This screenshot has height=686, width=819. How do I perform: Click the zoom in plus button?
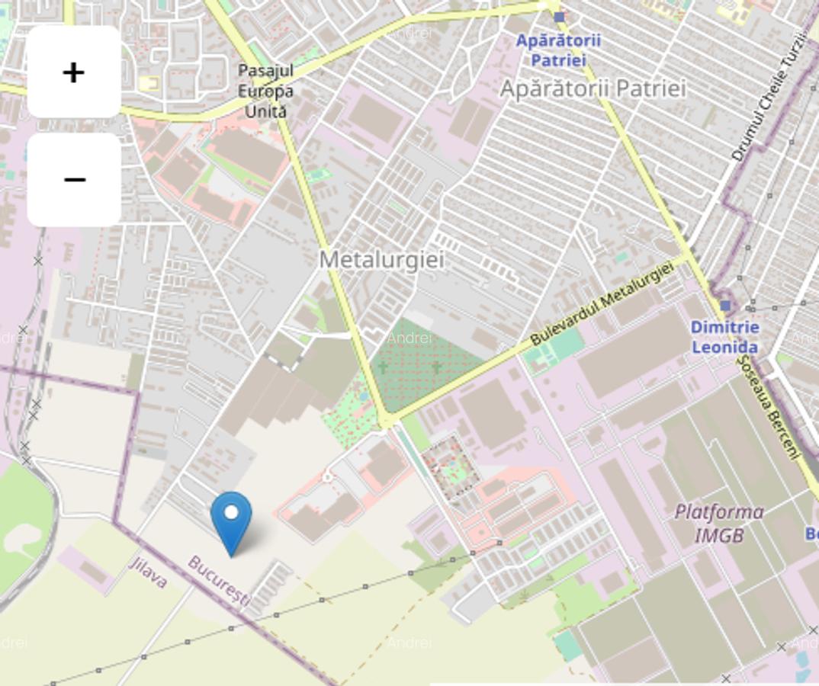click(x=73, y=72)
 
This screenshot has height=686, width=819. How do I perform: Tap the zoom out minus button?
click(x=73, y=180)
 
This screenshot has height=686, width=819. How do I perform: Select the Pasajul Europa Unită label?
click(x=265, y=91)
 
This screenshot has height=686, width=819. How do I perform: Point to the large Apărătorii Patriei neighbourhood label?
click(x=593, y=88)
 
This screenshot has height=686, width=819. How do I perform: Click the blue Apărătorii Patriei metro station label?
click(x=558, y=50)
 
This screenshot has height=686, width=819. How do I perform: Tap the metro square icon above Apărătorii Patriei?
click(x=559, y=17)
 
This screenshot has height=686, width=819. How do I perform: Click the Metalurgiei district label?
click(x=381, y=260)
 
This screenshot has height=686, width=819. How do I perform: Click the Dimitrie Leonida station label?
click(x=724, y=337)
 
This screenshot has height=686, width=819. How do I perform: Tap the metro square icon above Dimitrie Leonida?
click(x=725, y=306)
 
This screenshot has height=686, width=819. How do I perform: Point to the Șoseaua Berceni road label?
click(x=769, y=407)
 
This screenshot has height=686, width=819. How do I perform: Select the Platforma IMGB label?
click(x=718, y=523)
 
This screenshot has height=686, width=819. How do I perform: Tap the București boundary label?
click(x=219, y=581)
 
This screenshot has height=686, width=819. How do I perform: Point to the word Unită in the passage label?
click(x=265, y=111)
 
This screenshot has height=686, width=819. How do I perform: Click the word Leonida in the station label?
click(x=724, y=348)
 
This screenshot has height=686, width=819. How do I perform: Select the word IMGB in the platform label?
click(x=718, y=535)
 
